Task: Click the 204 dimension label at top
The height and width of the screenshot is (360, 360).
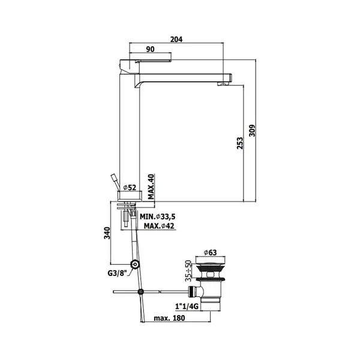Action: pyautogui.click(x=176, y=39)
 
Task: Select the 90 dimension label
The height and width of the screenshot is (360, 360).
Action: pyautogui.click(x=150, y=49)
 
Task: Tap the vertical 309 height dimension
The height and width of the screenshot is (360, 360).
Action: pyautogui.click(x=252, y=131)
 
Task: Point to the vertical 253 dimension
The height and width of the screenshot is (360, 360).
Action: pyautogui.click(x=239, y=143)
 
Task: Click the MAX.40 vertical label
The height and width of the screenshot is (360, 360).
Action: pyautogui.click(x=151, y=187)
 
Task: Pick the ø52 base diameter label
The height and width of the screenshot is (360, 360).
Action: pyautogui.click(x=130, y=188)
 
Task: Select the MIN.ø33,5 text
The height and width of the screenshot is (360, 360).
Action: pyautogui.click(x=157, y=217)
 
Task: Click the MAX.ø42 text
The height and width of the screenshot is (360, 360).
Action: pyautogui.click(x=159, y=226)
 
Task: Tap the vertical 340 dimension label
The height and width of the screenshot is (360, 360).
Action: pyautogui.click(x=107, y=233)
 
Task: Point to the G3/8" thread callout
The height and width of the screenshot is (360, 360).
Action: pyautogui.click(x=118, y=273)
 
